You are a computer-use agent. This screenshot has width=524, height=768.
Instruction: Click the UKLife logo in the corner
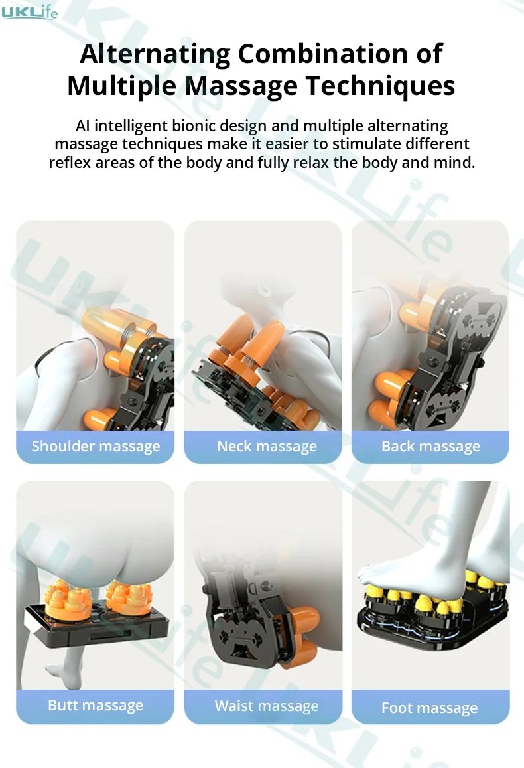click(x=29, y=11)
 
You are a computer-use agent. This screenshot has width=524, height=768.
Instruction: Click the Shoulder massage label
click(x=96, y=446)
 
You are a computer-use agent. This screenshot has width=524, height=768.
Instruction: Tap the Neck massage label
click(x=267, y=446)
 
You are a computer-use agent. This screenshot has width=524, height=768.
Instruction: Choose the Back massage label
click(x=430, y=446)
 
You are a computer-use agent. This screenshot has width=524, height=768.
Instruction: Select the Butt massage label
click(x=96, y=705)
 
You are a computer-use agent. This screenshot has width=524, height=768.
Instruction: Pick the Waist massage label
click(x=267, y=706)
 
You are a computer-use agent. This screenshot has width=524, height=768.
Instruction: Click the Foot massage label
click(x=429, y=708)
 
